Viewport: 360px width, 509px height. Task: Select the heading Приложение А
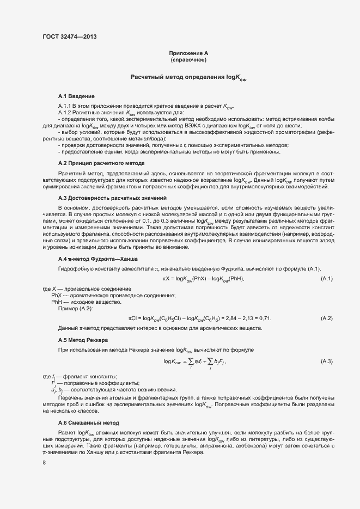[x=188, y=53]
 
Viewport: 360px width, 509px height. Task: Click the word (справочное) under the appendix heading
[x=188, y=59]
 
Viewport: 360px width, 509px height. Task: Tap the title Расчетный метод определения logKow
[x=188, y=77]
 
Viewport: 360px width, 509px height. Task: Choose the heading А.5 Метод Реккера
[x=83, y=340]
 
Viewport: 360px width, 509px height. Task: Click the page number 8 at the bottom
[x=44, y=463]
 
